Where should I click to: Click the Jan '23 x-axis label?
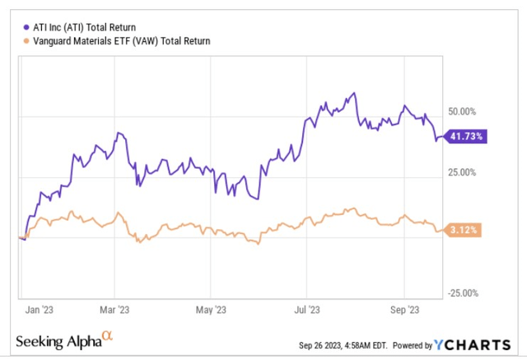(x=38, y=310)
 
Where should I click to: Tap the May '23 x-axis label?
(x=212, y=310)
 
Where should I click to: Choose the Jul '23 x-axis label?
(x=306, y=310)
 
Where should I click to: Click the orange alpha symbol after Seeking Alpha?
(x=107, y=335)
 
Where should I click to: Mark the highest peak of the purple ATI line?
(x=354, y=93)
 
